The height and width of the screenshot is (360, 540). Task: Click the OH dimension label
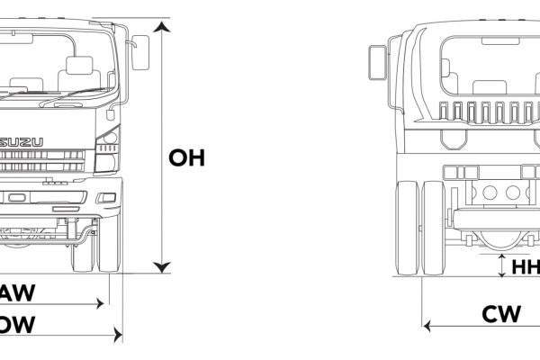point(187,158)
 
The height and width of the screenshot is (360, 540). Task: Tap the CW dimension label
point(501,314)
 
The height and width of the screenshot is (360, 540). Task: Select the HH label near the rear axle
point(525,267)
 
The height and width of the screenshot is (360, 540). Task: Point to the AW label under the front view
point(16,292)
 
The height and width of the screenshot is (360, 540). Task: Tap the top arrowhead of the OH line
point(161,27)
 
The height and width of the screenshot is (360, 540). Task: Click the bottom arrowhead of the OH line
point(161,265)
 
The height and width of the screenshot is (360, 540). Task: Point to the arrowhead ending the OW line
point(117,336)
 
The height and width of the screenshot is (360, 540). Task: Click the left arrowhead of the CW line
point(429,324)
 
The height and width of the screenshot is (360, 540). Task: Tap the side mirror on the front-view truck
point(140,52)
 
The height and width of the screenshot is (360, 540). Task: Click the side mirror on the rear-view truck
point(376,61)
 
